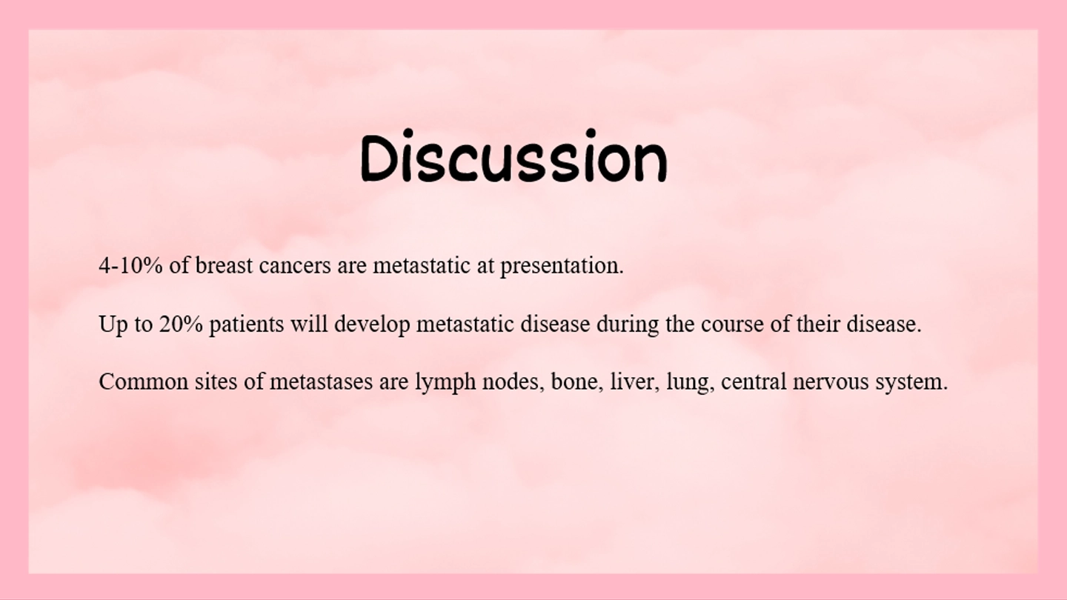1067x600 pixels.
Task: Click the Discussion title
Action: (513, 156)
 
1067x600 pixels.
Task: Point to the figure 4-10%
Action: (130, 265)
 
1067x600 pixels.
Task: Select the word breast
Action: (224, 265)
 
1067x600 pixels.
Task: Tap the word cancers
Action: (295, 266)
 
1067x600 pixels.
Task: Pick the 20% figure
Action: (181, 324)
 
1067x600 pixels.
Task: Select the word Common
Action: (144, 382)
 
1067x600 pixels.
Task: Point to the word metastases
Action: (321, 382)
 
